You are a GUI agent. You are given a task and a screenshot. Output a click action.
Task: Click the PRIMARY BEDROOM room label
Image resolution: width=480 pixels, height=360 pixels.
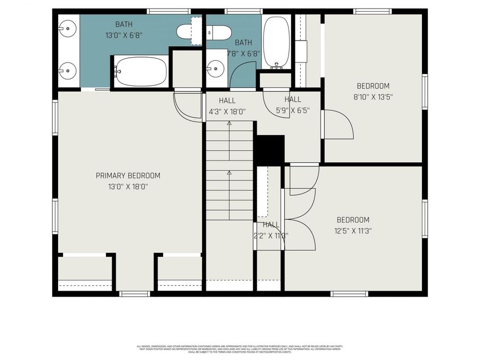click(128, 175)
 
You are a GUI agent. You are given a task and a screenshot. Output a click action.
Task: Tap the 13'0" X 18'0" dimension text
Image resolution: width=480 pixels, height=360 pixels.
click(128, 187)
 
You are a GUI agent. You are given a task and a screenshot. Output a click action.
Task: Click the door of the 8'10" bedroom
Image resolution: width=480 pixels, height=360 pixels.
click(337, 125)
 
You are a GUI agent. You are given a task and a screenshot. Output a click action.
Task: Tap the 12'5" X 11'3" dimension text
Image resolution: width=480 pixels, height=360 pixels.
click(353, 231)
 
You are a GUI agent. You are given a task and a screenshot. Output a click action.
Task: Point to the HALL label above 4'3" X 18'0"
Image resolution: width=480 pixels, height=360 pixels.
click(227, 100)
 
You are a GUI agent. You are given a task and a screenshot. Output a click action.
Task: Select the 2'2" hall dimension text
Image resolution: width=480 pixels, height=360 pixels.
click(271, 235)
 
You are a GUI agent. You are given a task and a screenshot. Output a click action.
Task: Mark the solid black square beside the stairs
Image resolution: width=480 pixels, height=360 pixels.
click(269, 149)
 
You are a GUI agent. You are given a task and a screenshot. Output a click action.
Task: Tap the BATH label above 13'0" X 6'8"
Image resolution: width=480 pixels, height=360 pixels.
click(124, 24)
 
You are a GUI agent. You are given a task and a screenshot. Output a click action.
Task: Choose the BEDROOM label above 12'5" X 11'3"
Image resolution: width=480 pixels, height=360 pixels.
click(353, 220)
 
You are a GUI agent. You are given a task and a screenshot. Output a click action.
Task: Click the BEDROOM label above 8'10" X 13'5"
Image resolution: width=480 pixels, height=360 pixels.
click(373, 86)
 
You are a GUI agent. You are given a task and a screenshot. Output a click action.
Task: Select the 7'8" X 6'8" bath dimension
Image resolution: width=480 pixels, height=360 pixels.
click(244, 53)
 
